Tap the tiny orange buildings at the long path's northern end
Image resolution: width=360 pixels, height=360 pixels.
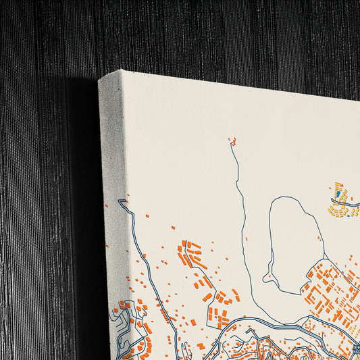coord(234,141)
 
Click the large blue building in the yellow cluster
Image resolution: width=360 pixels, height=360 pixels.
coord(338,194)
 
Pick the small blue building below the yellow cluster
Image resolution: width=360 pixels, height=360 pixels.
coord(349,216)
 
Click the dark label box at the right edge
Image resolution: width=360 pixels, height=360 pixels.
coord(355,349)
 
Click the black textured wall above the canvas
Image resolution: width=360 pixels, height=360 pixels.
coord(203,34)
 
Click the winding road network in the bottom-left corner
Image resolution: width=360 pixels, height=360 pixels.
coord(125,331)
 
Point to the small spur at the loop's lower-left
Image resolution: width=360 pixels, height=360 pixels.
coord(269,277)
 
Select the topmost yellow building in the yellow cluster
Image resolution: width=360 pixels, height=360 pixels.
coord(338,184)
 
